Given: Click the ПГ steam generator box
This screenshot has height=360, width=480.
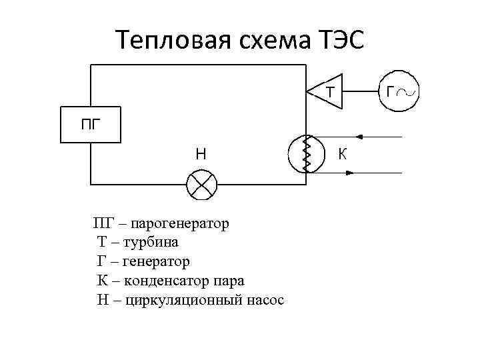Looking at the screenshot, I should click(91, 123).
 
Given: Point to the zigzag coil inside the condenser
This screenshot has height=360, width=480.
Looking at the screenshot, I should click(307, 155).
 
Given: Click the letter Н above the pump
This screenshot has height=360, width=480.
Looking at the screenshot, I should click(200, 153).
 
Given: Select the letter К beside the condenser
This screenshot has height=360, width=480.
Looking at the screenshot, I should click(342, 155).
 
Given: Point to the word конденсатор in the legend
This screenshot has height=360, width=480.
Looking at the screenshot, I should click(167, 281).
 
